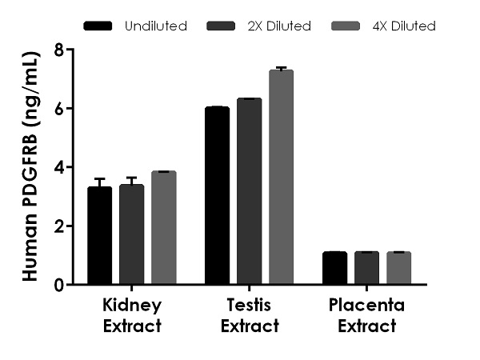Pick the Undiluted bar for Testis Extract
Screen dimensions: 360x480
click(x=218, y=196)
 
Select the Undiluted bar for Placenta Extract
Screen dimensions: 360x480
click(x=335, y=268)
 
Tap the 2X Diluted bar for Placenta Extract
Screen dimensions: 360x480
click(x=366, y=268)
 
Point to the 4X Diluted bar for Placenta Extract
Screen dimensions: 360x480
click(x=398, y=268)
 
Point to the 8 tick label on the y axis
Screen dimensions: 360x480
click(x=58, y=50)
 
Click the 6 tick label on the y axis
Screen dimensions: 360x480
click(x=58, y=108)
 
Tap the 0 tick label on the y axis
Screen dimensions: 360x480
click(x=58, y=285)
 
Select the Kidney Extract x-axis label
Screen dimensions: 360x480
click(x=132, y=315)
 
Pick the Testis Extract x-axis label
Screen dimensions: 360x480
click(x=250, y=315)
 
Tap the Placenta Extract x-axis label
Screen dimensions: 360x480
click(x=366, y=315)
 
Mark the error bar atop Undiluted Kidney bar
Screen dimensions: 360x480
click(x=100, y=182)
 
